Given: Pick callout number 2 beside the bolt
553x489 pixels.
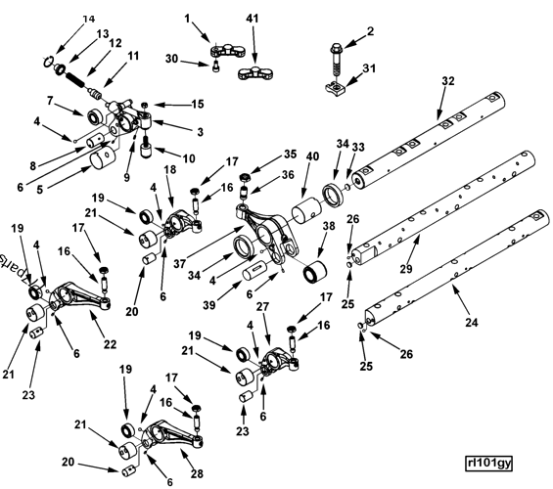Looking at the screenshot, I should (x=370, y=32).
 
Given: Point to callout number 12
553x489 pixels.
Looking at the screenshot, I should (x=116, y=43).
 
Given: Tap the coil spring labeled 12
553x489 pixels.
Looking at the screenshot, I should (x=80, y=72).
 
